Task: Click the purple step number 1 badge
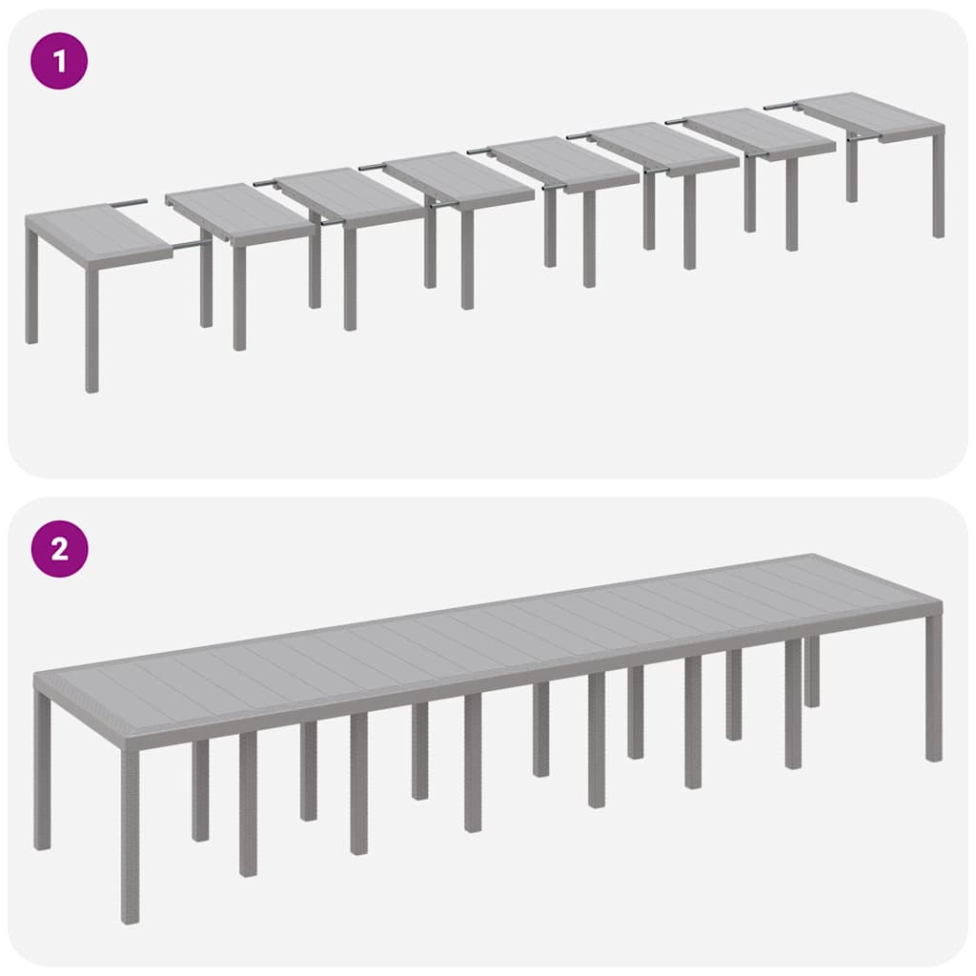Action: (x=60, y=62)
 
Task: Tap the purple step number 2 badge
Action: (x=60, y=549)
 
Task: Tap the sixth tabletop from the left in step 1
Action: (x=662, y=147)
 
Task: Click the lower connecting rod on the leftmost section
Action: (x=191, y=245)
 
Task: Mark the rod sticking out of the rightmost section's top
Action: (x=780, y=107)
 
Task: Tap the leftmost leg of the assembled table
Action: (x=42, y=772)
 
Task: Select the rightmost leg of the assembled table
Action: (x=933, y=686)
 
